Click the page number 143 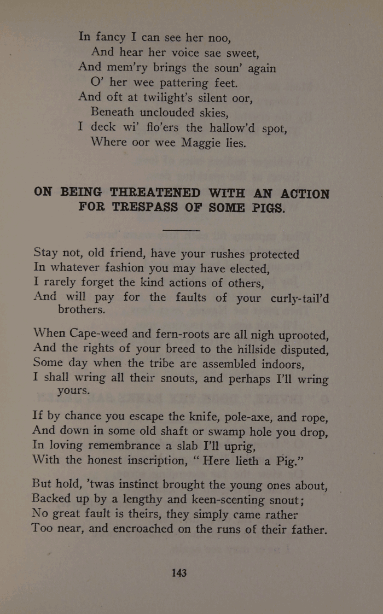179,572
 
